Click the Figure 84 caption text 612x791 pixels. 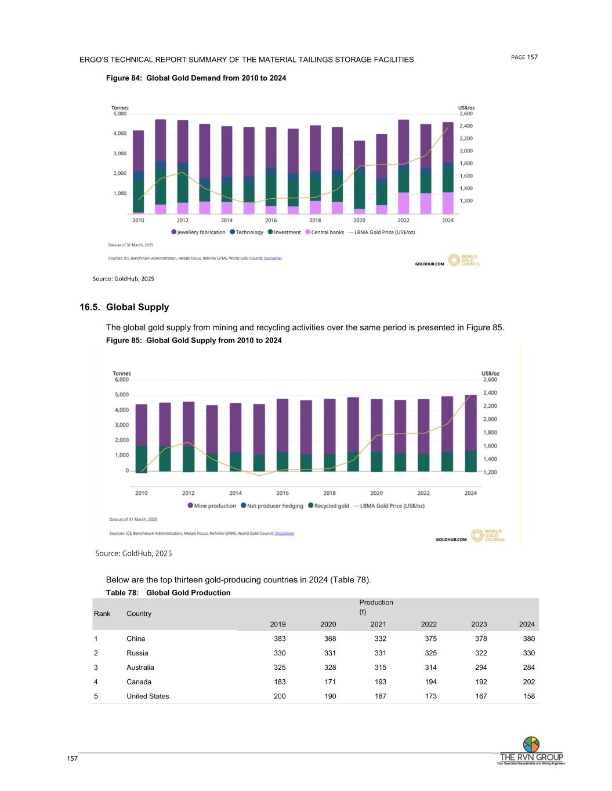click(195, 78)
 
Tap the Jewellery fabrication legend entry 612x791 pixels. click(198, 232)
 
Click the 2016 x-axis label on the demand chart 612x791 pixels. click(271, 220)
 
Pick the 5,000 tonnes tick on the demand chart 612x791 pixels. click(119, 114)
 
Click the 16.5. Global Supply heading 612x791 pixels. click(124, 307)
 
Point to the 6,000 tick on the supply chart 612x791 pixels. click(121, 380)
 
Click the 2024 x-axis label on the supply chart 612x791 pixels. click(470, 493)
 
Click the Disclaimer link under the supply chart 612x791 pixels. click(284, 533)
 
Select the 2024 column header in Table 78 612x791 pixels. click(527, 624)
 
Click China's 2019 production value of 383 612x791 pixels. click(279, 639)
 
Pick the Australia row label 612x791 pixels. click(140, 668)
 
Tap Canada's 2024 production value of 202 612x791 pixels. click(528, 682)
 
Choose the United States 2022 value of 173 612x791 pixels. click(430, 697)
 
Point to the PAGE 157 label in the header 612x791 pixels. click(524, 57)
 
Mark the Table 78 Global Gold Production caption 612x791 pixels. click(168, 593)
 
